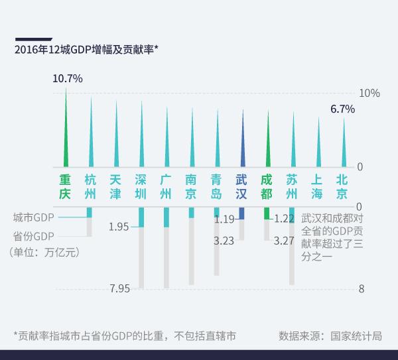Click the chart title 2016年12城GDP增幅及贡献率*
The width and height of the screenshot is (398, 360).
click(x=86, y=49)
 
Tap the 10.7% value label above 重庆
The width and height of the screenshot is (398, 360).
click(x=67, y=78)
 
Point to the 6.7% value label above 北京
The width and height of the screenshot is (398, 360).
click(x=342, y=109)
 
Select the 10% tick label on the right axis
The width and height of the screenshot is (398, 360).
click(x=369, y=93)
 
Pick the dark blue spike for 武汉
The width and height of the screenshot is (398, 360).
click(x=242, y=143)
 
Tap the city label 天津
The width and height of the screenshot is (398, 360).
click(x=115, y=186)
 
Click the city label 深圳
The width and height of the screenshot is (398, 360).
click(x=141, y=186)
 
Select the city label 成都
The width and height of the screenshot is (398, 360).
click(x=267, y=186)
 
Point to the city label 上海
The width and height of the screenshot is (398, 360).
click(x=317, y=186)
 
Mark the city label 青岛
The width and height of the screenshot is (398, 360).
click(x=216, y=186)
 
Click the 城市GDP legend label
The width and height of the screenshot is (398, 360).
click(x=33, y=217)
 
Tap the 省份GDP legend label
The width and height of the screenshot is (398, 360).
click(x=33, y=235)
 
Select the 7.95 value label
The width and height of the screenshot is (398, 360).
click(x=119, y=288)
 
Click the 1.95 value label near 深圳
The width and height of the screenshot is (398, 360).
click(x=119, y=227)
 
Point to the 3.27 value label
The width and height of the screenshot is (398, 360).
click(x=283, y=241)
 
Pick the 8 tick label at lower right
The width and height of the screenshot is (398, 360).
click(x=362, y=288)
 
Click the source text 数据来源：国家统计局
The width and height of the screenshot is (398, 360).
click(x=330, y=335)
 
